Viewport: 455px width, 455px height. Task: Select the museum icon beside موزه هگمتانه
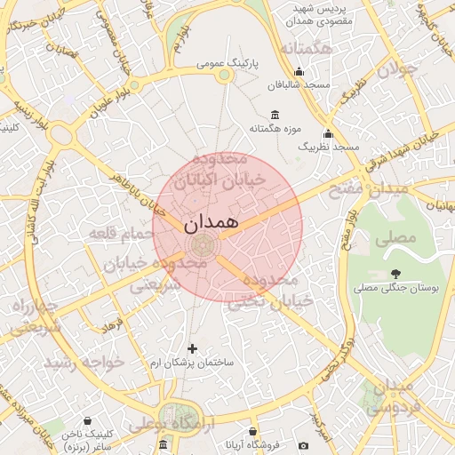point(273,115)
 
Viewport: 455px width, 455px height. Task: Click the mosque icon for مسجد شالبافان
point(299,72)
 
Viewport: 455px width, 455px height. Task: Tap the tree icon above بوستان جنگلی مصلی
point(395,274)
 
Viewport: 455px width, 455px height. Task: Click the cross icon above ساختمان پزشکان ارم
point(192,348)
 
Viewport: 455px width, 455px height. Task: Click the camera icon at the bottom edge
point(304,445)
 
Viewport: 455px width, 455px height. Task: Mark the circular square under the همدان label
point(201,246)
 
